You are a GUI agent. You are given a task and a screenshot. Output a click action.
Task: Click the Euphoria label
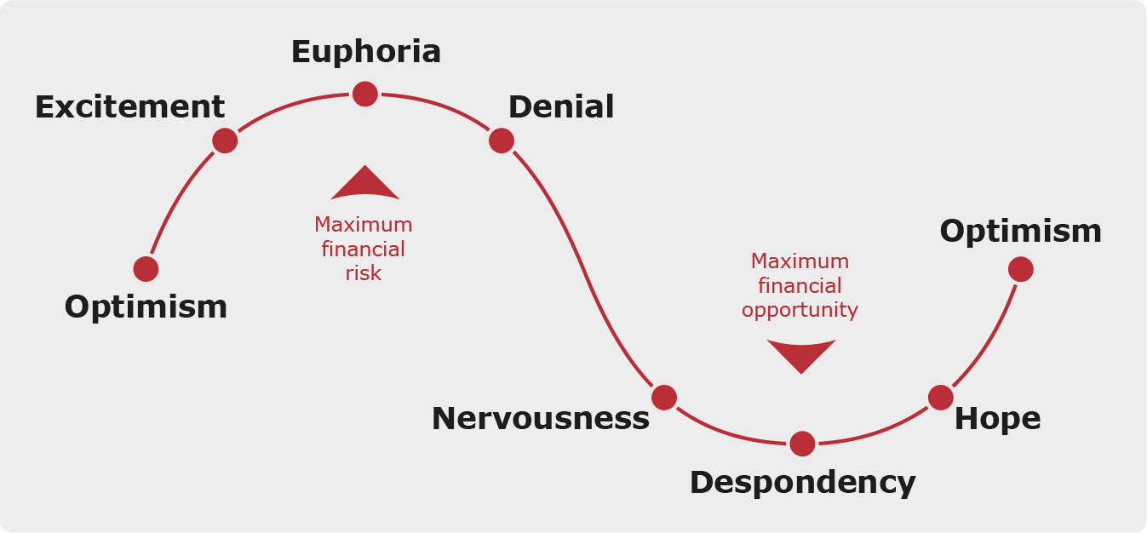366,52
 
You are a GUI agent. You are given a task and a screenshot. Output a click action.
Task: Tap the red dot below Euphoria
365,94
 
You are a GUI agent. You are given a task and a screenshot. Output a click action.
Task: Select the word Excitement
129,107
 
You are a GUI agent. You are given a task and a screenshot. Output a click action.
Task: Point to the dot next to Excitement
225,140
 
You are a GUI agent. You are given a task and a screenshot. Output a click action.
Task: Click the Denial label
561,107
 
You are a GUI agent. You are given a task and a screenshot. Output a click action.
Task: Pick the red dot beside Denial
502,140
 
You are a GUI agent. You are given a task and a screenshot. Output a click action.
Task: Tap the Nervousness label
540,418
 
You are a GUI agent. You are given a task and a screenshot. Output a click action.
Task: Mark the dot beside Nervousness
664,397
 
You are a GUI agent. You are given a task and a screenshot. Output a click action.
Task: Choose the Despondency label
802,483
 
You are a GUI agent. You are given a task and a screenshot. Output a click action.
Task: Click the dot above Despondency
802,444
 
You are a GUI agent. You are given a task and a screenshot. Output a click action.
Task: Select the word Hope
997,418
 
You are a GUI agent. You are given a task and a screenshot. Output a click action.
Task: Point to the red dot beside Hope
940,397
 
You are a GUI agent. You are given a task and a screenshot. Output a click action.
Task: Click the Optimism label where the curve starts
146,307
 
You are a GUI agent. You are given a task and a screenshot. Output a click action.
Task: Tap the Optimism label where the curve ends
1020,231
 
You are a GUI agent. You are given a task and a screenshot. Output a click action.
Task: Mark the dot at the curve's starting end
146,269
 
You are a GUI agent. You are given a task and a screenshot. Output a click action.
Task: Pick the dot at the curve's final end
1020,269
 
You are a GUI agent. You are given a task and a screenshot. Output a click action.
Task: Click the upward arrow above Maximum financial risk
365,184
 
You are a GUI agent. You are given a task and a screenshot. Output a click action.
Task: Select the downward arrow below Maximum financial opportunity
801,356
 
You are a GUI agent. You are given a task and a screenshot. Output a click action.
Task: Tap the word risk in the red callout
364,273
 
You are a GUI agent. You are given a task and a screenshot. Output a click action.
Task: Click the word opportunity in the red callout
800,310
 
